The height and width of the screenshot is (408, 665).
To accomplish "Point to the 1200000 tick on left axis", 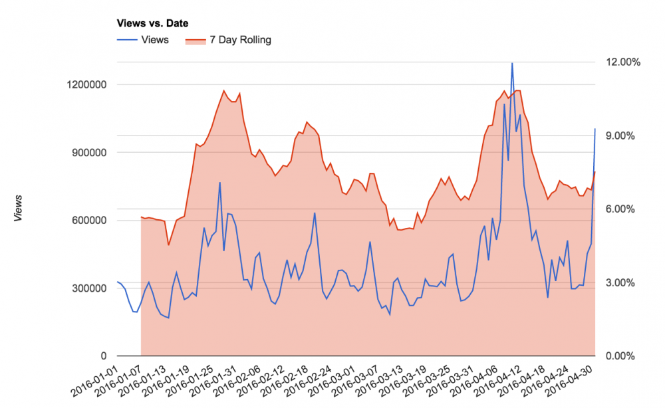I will pos(87,85).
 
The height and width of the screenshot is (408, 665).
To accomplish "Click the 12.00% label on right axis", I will pos(621,62).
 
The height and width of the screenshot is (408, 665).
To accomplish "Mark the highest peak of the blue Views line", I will pos(512,63).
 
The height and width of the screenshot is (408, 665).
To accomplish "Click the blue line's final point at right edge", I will pos(595,129).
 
